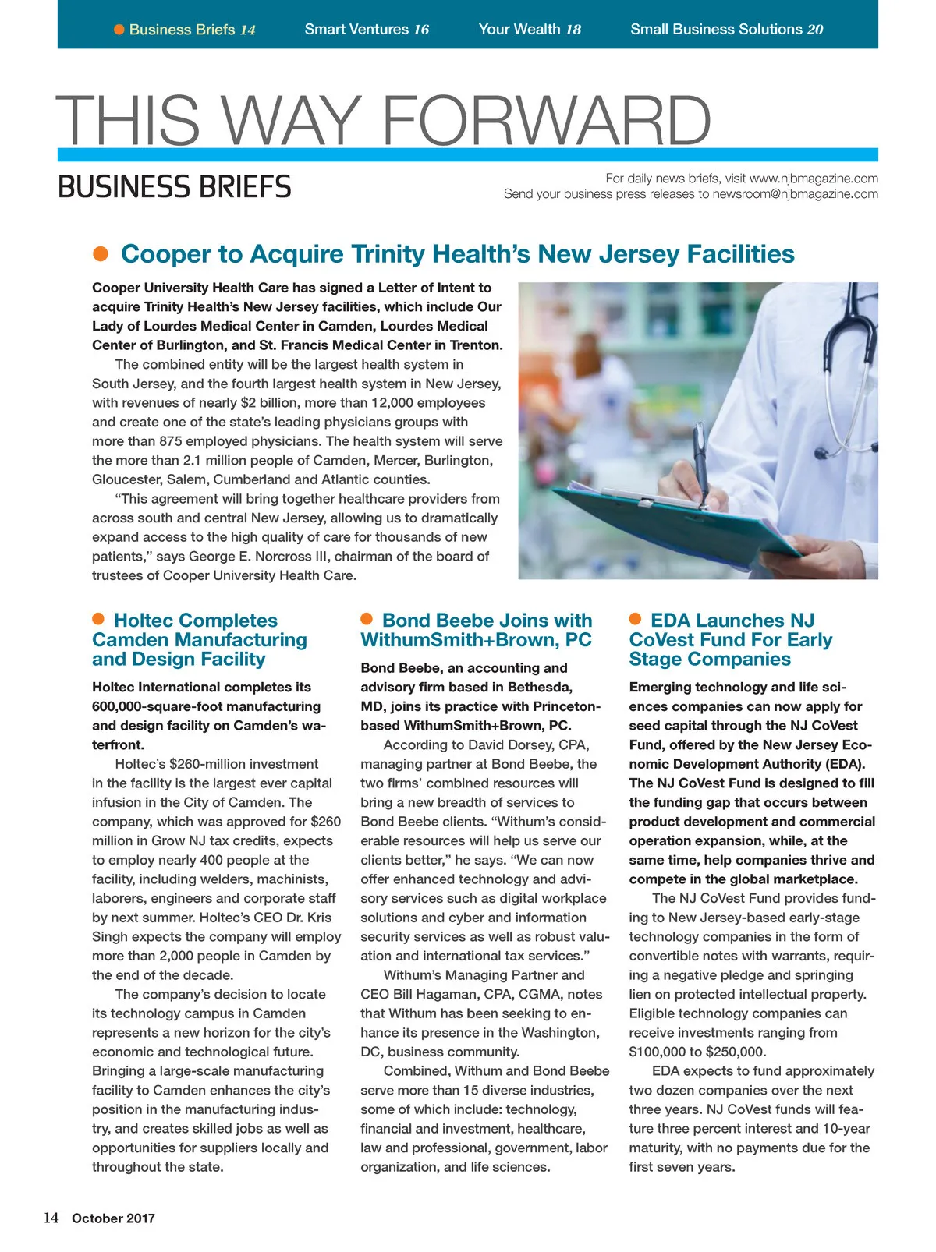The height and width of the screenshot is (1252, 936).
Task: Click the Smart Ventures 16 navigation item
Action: click(x=367, y=30)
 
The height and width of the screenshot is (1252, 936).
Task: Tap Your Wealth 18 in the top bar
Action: click(x=530, y=30)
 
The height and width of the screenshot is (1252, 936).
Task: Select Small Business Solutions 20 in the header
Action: click(x=726, y=30)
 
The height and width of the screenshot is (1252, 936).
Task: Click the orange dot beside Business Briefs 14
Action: click(x=119, y=30)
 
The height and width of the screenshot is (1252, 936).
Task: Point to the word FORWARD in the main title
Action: click(x=546, y=121)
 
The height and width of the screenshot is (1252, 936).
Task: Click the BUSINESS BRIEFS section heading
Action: click(x=175, y=187)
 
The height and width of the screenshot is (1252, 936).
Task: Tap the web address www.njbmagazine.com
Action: click(x=814, y=179)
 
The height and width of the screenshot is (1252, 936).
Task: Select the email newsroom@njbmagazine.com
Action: click(x=795, y=194)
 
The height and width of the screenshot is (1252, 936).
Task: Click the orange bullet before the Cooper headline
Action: click(x=100, y=254)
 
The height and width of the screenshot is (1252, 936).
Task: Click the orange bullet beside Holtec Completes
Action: click(x=98, y=619)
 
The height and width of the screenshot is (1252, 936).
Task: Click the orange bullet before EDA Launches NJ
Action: click(x=635, y=619)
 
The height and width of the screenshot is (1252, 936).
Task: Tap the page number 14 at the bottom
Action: click(x=51, y=1218)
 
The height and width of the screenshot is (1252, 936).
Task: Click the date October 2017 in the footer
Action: click(x=113, y=1218)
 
